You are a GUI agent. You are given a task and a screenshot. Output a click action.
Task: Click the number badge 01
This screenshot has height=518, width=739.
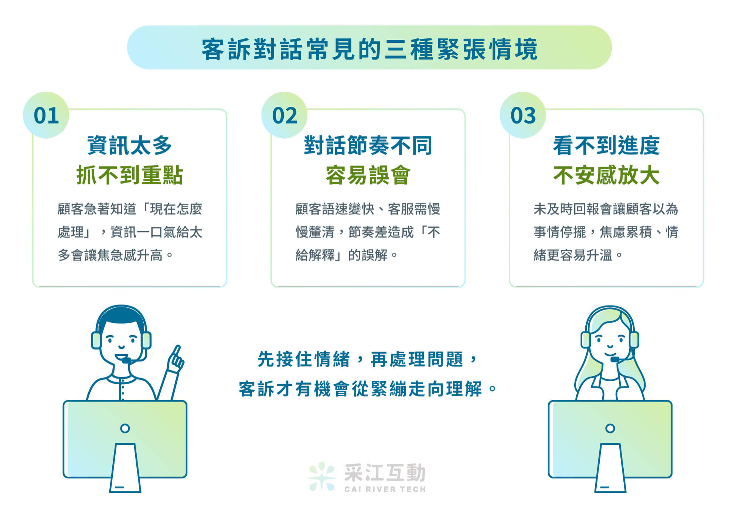(46, 115)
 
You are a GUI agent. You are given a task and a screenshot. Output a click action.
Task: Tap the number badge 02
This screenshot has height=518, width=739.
(285, 115)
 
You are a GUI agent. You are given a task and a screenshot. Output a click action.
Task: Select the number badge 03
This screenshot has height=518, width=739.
(523, 115)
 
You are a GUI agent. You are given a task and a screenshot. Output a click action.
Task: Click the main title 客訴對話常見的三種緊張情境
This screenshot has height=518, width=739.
(369, 49)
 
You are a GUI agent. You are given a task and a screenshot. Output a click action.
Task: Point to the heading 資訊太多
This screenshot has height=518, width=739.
(129, 146)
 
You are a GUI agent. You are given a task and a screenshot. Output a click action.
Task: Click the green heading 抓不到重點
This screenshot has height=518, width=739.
(129, 175)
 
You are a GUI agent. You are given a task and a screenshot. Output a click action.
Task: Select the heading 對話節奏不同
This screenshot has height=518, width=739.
(368, 146)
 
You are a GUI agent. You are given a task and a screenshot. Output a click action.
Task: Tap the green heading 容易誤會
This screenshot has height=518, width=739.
(368, 175)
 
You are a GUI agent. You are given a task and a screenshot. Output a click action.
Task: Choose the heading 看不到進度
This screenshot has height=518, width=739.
(606, 146)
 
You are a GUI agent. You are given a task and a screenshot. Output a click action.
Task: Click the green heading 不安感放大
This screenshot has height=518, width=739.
(606, 175)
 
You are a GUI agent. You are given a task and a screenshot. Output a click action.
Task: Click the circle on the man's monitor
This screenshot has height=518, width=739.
(125, 428)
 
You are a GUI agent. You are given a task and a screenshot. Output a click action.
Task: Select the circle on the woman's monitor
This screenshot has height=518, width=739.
(610, 428)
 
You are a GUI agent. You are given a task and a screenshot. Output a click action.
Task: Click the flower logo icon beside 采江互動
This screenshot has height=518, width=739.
(321, 476)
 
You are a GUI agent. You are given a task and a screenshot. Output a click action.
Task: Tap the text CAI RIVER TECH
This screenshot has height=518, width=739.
(385, 489)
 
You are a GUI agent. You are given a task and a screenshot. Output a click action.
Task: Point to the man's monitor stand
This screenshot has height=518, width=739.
(125, 468)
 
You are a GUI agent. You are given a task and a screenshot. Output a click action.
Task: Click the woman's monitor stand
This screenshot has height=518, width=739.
(610, 468)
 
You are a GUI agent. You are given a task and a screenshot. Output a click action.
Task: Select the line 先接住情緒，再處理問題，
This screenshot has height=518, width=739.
(368, 359)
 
